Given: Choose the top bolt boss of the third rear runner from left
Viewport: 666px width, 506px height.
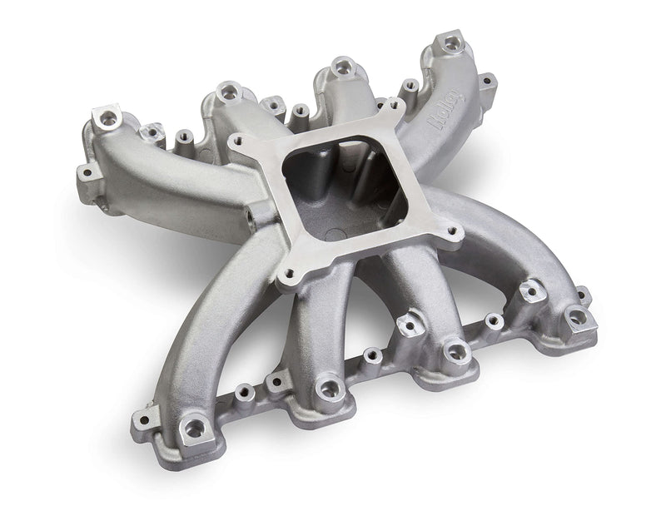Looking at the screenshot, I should [340, 67].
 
